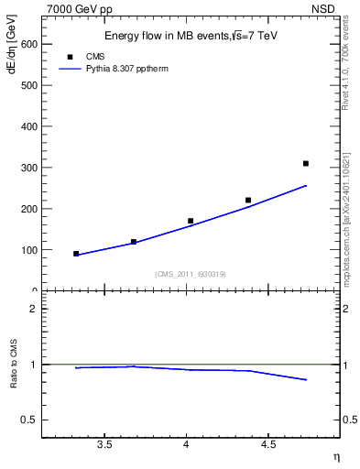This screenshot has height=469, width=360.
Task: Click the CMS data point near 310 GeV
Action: point(306,163)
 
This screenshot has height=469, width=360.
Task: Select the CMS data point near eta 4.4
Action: point(248,200)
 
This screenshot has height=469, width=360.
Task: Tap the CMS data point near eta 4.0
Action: point(191,221)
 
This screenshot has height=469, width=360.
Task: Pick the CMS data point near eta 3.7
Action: point(134,242)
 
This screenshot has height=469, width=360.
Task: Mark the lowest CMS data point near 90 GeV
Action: point(76,254)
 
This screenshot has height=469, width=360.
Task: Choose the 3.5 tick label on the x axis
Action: point(104,444)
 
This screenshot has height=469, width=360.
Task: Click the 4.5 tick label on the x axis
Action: point(268,444)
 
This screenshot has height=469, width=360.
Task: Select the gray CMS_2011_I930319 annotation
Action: point(191,274)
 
